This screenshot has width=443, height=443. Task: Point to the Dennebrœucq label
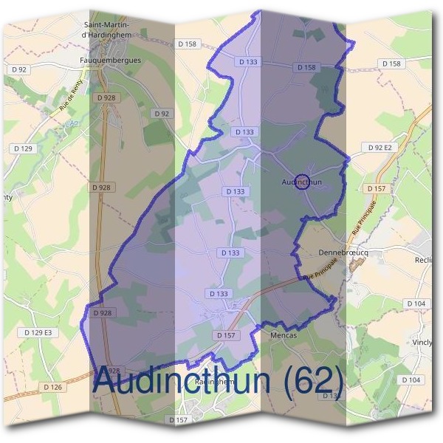343,253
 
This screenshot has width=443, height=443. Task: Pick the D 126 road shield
52,387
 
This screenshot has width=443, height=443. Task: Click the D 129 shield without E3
23,148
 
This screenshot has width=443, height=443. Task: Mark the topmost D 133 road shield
249,62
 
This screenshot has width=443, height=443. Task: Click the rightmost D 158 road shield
392,63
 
